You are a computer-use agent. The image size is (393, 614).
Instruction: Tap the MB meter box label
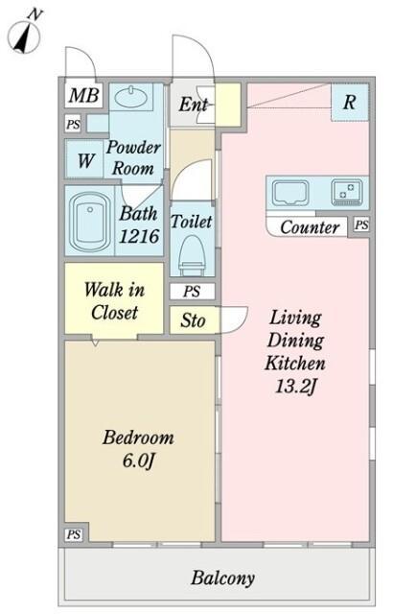pyautogui.click(x=83, y=95)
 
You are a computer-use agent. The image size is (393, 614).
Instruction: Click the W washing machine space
pyautogui.click(x=85, y=160)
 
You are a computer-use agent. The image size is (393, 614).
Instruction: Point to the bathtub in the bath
pyautogui.click(x=89, y=222)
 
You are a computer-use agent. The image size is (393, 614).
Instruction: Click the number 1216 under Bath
pyautogui.click(x=139, y=236)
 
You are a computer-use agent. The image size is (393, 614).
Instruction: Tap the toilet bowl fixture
pyautogui.click(x=192, y=254)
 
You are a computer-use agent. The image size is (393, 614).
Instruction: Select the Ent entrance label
pyautogui.click(x=194, y=105)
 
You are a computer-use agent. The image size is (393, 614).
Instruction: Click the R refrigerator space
pyautogui.click(x=350, y=103)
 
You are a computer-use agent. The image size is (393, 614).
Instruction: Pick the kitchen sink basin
pyautogui.click(x=290, y=192)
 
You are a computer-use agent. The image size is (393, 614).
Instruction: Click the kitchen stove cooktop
pyautogui.click(x=347, y=192)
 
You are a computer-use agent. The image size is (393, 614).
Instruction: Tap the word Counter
pyautogui.click(x=310, y=227)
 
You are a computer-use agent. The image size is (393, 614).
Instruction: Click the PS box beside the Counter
pyautogui.click(x=361, y=224)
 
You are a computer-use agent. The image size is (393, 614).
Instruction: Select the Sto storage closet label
pyautogui.click(x=193, y=320)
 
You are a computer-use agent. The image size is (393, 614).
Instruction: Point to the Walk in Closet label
pyautogui.click(x=114, y=300)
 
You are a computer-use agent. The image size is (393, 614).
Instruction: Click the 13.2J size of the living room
pyautogui.click(x=295, y=387)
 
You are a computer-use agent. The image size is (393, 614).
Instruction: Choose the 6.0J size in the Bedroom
pyautogui.click(x=139, y=460)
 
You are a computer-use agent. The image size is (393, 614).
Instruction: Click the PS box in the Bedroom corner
pyautogui.click(x=74, y=534)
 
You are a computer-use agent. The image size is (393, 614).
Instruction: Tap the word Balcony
pyautogui.click(x=223, y=578)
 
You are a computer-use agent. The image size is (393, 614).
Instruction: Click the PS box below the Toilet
pyautogui.click(x=192, y=292)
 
